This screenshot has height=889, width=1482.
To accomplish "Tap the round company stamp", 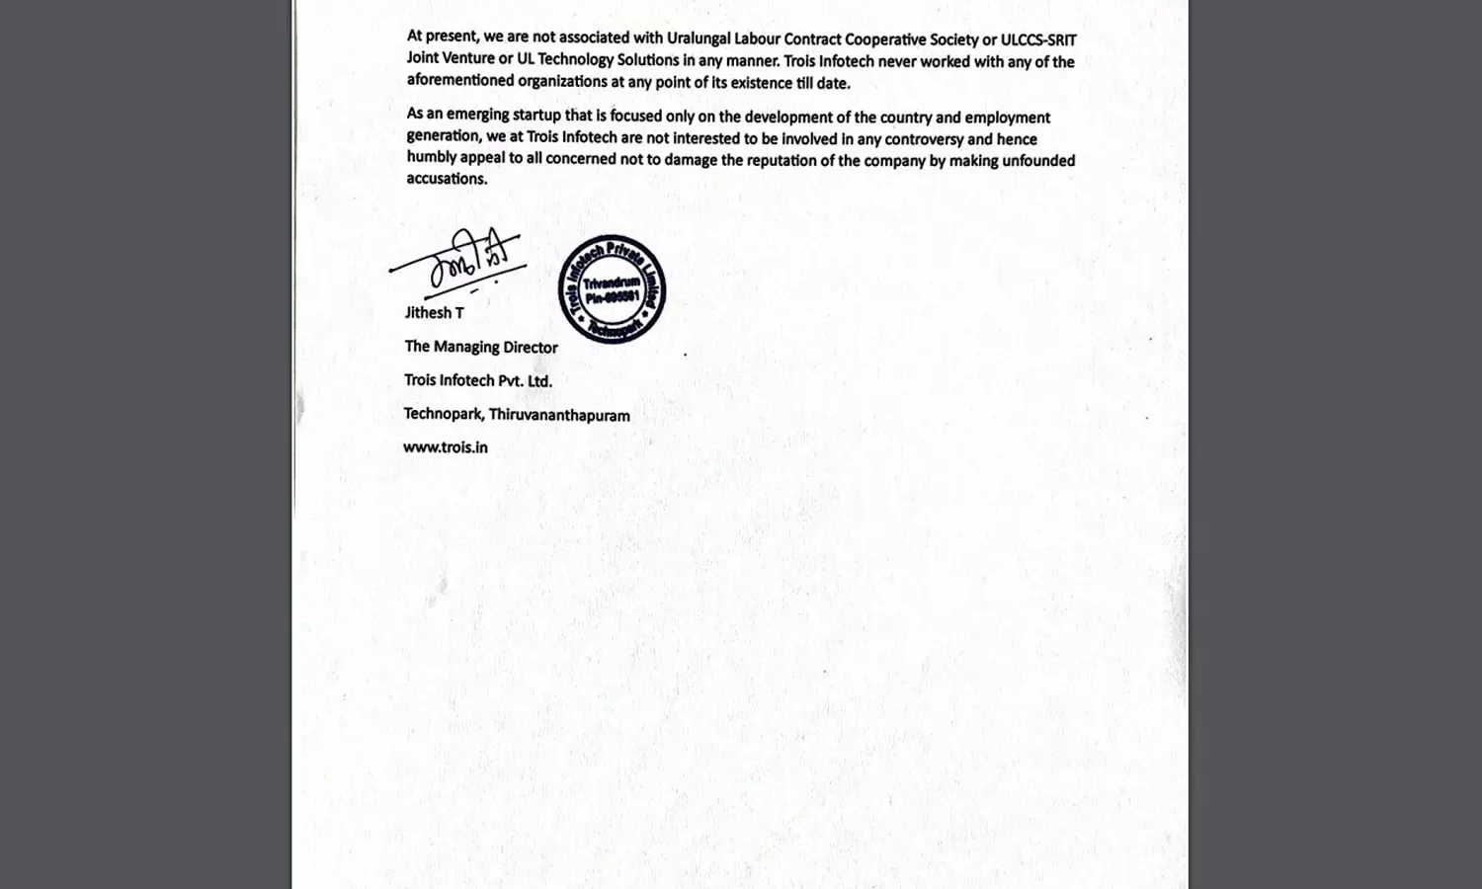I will [x=612, y=289].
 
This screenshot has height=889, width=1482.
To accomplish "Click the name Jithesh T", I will [x=434, y=313].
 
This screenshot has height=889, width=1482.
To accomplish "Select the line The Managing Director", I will [x=481, y=347].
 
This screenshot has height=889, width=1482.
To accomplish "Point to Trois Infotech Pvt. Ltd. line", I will [x=478, y=381].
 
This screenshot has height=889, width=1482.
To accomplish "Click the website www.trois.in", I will [x=446, y=447].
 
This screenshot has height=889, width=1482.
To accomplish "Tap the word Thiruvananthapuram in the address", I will [x=559, y=416].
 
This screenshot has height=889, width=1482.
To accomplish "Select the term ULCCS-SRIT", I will [x=1038, y=40].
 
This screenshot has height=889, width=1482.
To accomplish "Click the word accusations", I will [x=447, y=179].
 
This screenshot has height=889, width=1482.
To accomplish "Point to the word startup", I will [x=536, y=116].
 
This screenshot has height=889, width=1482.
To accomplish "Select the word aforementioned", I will [x=460, y=81].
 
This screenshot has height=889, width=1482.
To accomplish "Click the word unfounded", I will [x=1038, y=160].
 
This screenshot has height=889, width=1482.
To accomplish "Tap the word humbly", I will [x=431, y=158].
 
